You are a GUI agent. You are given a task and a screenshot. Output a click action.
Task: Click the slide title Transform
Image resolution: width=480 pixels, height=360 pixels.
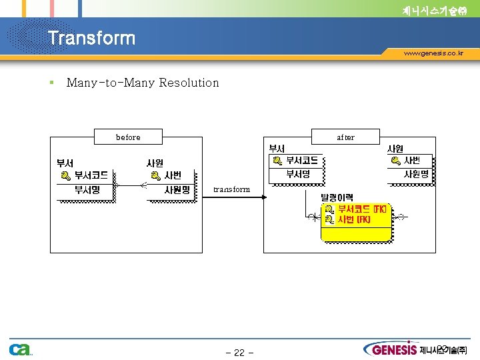point(91,38)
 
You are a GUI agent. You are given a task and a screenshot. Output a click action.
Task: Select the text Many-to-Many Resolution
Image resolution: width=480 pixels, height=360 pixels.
point(143,83)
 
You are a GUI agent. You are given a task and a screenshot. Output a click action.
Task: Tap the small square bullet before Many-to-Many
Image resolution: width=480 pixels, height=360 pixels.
point(51,83)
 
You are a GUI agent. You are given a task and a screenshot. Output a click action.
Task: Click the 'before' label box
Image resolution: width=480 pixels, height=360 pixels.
point(128,137)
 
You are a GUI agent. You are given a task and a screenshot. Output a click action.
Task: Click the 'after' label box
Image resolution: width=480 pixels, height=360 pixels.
point(345,137)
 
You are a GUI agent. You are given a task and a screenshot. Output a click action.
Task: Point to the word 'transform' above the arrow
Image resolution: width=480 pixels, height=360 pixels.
point(231,189)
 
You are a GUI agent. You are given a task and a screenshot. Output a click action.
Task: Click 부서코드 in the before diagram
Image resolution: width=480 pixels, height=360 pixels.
point(91,175)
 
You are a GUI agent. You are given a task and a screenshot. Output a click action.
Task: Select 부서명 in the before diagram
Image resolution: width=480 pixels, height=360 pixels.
point(87,189)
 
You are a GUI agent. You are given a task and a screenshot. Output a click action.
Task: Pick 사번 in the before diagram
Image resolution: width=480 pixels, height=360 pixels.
point(172,175)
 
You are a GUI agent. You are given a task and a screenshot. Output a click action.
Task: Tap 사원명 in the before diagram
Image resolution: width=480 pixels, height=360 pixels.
point(177,189)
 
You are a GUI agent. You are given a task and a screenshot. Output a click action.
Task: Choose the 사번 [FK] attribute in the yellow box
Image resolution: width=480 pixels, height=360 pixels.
point(354,219)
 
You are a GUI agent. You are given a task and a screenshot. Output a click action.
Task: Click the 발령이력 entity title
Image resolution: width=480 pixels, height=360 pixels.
point(337,197)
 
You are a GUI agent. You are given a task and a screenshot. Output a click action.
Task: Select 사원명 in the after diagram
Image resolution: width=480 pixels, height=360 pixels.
point(416,174)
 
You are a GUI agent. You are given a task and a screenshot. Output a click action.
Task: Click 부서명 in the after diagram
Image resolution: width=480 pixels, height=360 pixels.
point(298,174)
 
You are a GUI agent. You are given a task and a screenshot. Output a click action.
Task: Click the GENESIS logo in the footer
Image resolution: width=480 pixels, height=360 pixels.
point(391,349)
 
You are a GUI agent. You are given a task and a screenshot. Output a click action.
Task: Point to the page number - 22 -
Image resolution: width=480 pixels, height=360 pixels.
point(239,353)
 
